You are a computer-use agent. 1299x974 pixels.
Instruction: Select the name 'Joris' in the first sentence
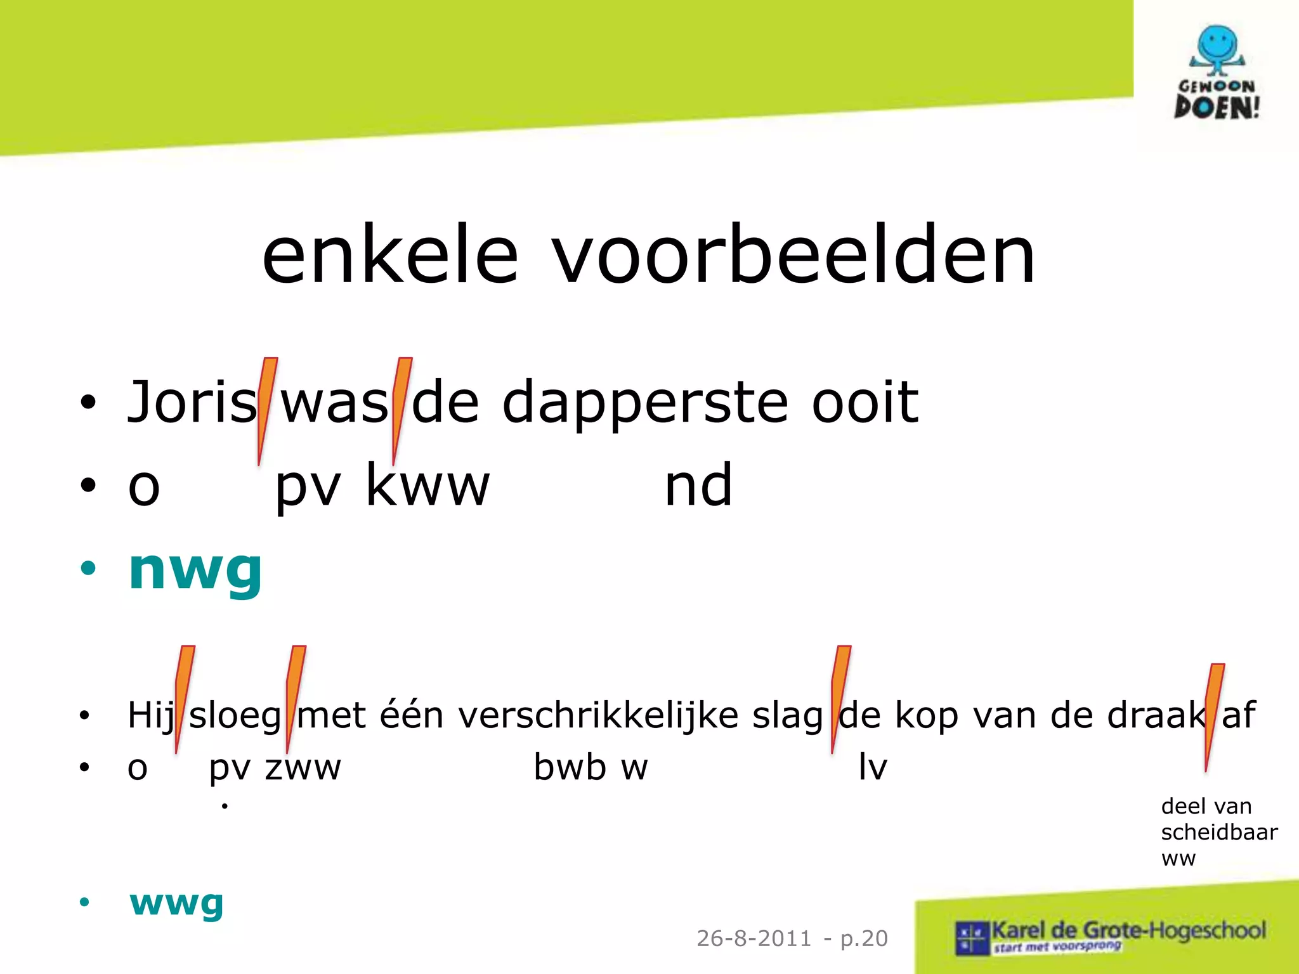[192, 402]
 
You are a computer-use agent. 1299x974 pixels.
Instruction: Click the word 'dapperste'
[646, 403]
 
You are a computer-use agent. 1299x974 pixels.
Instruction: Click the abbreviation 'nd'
[698, 486]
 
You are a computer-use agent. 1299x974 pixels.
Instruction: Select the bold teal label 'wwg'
[176, 903]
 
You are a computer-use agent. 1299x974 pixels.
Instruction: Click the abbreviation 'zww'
[303, 768]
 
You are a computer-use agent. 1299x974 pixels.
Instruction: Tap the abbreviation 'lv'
[873, 767]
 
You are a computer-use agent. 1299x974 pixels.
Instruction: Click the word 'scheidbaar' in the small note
[1218, 832]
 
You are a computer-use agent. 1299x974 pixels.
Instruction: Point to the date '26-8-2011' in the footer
[754, 938]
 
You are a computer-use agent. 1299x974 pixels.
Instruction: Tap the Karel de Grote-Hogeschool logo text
[1128, 931]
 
